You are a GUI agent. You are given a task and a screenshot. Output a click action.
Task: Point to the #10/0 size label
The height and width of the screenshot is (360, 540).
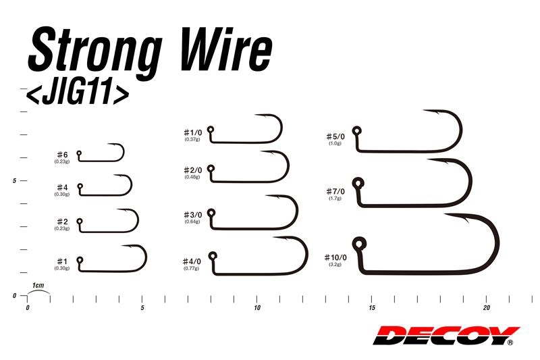335,257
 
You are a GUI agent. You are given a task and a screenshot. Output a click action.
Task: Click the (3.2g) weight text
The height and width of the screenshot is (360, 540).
335,265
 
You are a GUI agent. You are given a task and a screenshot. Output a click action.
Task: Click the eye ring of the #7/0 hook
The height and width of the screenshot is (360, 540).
356,182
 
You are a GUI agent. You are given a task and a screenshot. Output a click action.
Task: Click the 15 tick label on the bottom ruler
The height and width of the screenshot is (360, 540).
371,308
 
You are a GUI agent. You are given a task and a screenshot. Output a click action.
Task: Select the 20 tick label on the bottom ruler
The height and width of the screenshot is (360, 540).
486,308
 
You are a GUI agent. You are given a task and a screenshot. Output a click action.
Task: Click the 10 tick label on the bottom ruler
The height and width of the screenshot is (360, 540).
256,308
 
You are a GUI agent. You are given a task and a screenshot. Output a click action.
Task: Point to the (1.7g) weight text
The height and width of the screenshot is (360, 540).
335,199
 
